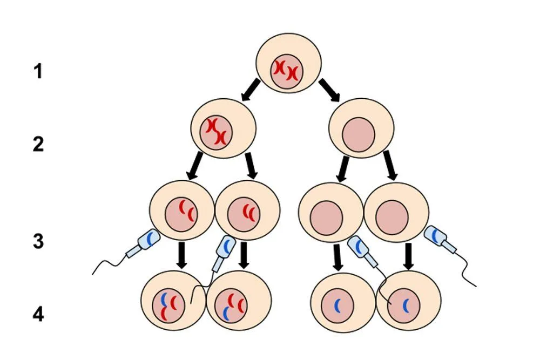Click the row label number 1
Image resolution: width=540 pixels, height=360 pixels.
tap(38, 71)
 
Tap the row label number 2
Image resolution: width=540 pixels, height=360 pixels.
tap(38, 145)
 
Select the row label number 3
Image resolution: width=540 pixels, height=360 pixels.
tap(38, 241)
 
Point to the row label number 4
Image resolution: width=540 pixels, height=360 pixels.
tap(38, 314)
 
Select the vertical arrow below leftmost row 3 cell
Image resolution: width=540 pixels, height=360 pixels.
tap(182, 255)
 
